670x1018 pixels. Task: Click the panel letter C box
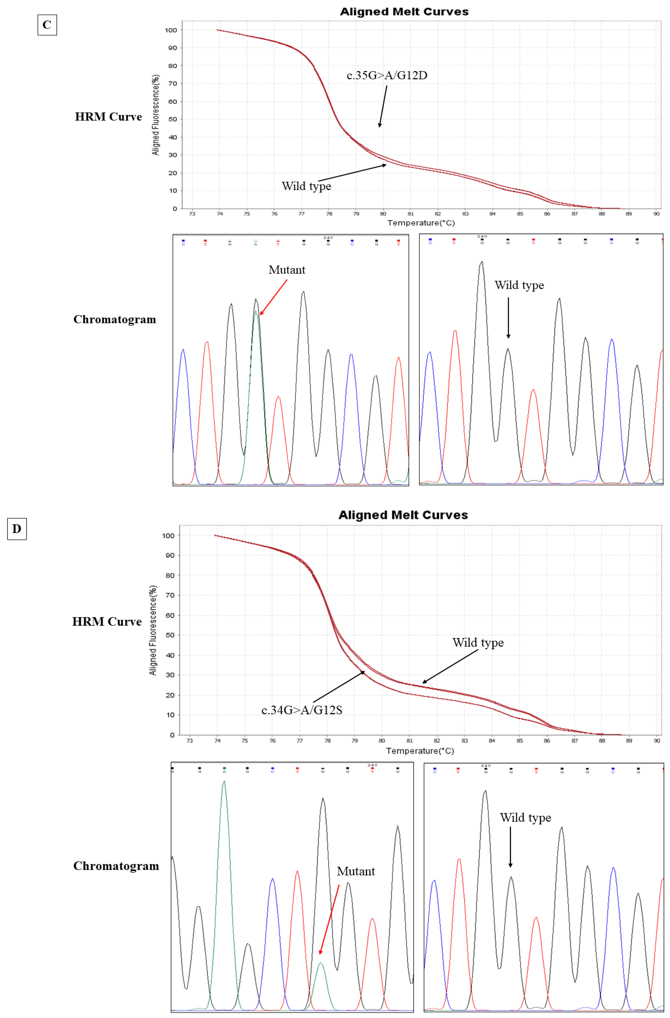pos(47,25)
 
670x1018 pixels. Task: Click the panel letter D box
pos(17,529)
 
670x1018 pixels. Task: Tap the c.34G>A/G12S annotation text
pos(302,710)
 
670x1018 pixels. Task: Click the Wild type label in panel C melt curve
pos(306,186)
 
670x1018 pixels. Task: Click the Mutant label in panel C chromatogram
pos(287,270)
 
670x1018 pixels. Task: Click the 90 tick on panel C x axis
pos(656,213)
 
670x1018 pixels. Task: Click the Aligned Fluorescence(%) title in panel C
pos(156,115)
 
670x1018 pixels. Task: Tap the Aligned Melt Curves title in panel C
pos(404,11)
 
